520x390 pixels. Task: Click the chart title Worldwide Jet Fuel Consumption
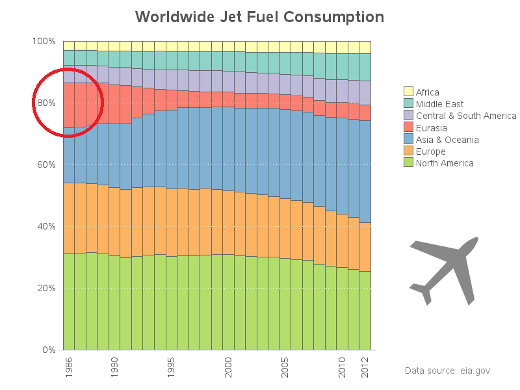pos(259,16)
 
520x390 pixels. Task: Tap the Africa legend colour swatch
pos(408,92)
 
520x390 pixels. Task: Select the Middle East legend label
pos(439,104)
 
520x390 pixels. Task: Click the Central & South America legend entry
pos(466,116)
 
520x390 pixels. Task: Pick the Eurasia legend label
pos(432,128)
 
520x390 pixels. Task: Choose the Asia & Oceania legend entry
pos(447,140)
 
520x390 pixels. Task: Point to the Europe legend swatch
pos(408,151)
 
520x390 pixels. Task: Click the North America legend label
pos(445,163)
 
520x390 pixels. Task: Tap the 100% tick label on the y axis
pos(44,41)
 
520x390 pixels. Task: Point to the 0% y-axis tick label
pos(49,350)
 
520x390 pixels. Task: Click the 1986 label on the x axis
pos(69,366)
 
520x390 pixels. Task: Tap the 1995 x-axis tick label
pos(171,366)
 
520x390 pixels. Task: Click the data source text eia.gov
pos(447,370)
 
